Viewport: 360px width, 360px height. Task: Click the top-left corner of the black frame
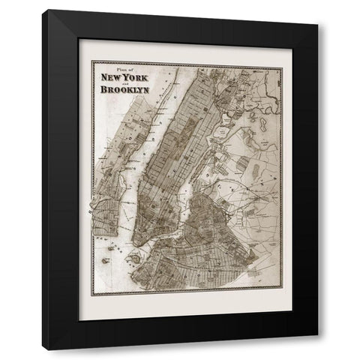(x=43, y=10)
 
